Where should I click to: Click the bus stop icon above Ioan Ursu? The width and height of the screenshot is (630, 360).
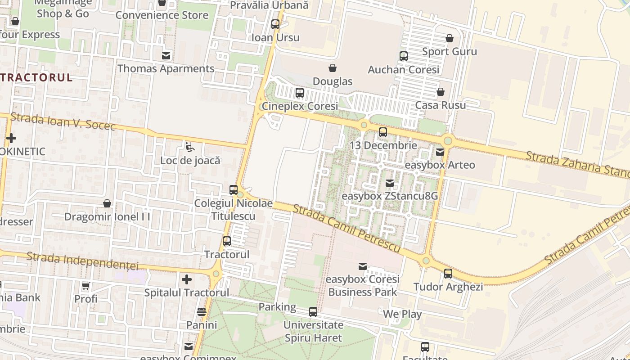(x=275, y=24)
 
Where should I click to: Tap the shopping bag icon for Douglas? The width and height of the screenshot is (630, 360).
(x=332, y=68)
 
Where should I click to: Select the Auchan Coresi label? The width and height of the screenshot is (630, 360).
(x=403, y=70)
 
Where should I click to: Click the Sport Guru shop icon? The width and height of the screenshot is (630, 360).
(x=449, y=38)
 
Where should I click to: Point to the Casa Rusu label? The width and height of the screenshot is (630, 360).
(x=440, y=105)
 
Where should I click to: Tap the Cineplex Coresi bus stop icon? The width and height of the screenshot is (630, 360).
(x=299, y=93)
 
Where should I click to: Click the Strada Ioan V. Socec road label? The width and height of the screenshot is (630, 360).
(x=63, y=121)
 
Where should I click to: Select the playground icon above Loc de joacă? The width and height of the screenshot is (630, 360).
(x=190, y=147)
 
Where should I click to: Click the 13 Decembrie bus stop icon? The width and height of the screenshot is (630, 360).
(x=382, y=132)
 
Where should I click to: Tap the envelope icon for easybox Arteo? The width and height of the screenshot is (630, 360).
(x=440, y=152)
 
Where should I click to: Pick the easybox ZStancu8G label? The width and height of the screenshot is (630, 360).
(x=389, y=196)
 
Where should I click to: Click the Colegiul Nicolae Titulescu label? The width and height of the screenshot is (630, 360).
(x=233, y=210)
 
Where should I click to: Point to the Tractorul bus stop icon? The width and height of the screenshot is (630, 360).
(x=227, y=241)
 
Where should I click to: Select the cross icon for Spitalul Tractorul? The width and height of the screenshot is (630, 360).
(x=187, y=279)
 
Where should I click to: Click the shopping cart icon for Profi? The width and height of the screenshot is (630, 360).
(x=85, y=286)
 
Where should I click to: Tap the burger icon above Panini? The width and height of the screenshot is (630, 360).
(x=201, y=311)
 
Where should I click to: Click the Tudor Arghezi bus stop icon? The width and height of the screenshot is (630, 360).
(x=448, y=273)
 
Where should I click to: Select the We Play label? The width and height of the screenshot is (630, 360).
(x=402, y=314)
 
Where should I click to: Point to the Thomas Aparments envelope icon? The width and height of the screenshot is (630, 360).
(x=166, y=55)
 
